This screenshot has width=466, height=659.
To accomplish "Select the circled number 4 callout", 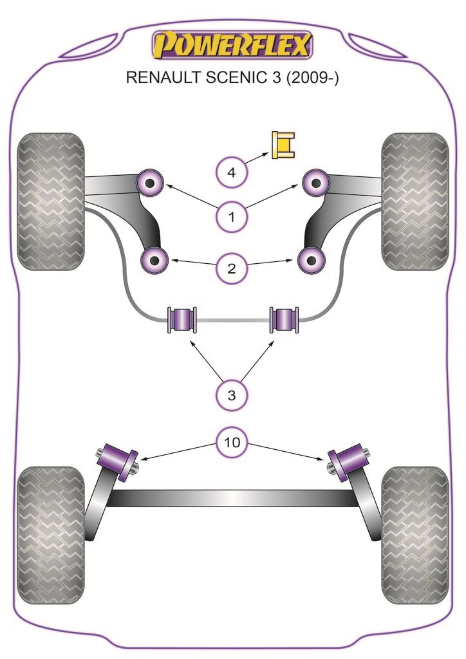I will tap(232, 172).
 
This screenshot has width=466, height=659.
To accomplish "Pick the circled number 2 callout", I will tap(232, 266).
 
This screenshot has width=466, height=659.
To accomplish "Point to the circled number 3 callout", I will tap(232, 394).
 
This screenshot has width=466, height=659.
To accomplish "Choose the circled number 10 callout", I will tap(232, 442).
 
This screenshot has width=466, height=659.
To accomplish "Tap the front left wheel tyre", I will tap(51, 201).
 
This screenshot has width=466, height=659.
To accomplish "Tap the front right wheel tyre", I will tap(415, 201).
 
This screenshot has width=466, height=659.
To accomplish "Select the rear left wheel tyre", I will tap(51, 535).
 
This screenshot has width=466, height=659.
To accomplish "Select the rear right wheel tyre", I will tap(415, 535).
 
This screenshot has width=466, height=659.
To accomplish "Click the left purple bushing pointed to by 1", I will tap(151, 183).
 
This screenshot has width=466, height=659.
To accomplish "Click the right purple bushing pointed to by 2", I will tap(312, 261).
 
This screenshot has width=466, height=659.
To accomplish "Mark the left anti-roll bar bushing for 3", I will tap(182, 319).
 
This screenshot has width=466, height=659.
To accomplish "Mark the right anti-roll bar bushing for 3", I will tap(284, 319).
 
